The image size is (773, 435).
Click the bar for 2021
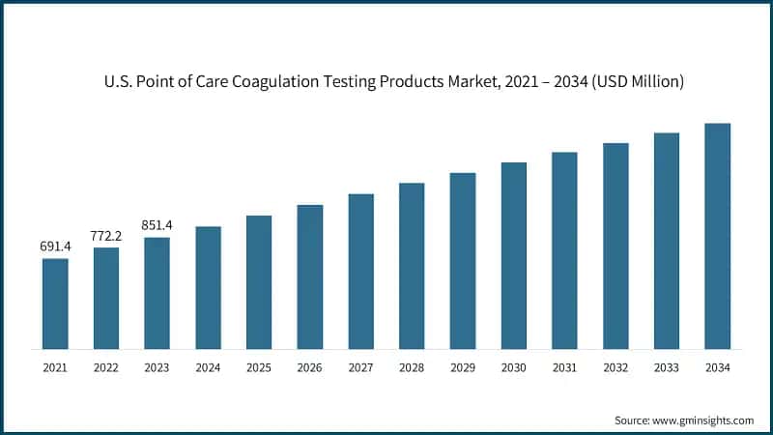tap(55, 303)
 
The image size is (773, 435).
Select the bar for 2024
tap(208, 287)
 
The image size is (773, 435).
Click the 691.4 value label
tap(55, 247)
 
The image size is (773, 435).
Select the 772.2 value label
tap(106, 236)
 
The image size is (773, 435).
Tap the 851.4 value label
tap(157, 225)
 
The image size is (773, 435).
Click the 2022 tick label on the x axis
tap(106, 368)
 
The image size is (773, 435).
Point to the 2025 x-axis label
tap(259, 368)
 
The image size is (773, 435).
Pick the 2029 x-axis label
tap(463, 368)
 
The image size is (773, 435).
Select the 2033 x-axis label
tap(667, 368)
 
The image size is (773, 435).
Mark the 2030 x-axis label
tap(513, 368)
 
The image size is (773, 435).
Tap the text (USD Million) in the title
tap(635, 82)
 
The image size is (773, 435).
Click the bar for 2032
tap(616, 246)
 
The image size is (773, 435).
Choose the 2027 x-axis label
tap(360, 368)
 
